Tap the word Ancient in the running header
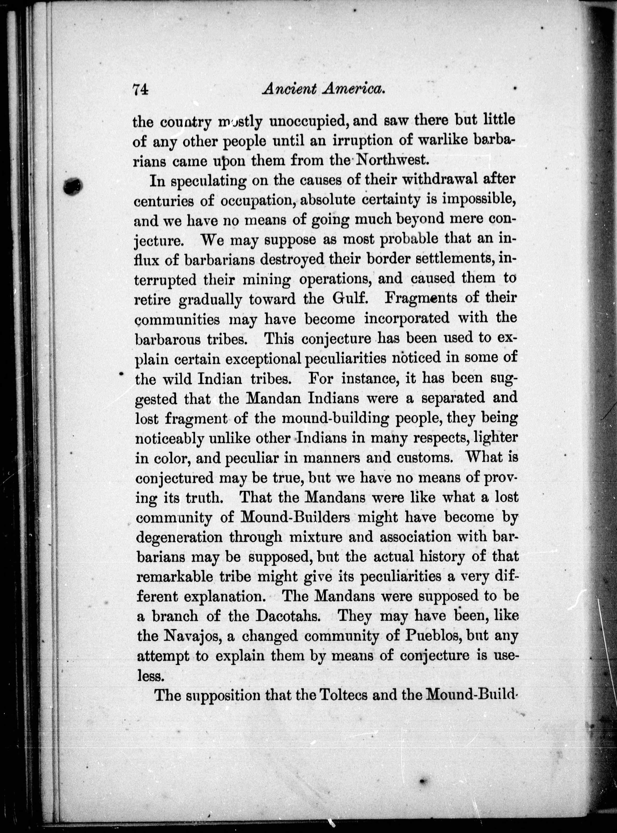point(289,89)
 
